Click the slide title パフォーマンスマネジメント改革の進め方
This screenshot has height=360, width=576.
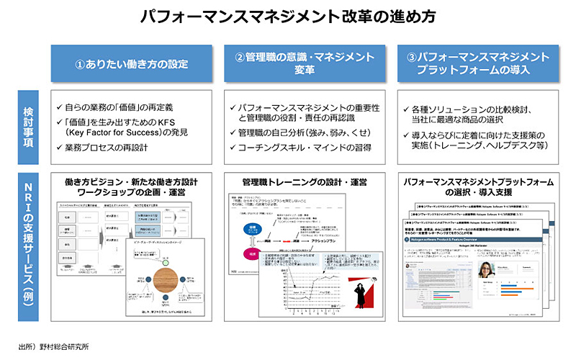[x=287, y=15]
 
